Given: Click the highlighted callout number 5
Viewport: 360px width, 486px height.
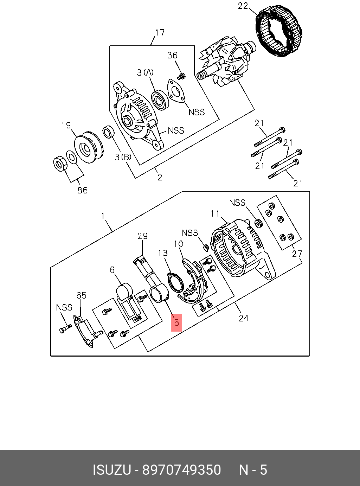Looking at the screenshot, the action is click(176, 322).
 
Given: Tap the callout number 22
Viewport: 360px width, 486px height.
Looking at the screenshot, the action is click(243, 6).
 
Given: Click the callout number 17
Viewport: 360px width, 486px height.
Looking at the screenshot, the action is click(160, 33).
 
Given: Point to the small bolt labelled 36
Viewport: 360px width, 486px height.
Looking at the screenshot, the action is click(182, 76).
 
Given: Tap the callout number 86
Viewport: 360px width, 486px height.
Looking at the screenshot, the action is click(82, 190).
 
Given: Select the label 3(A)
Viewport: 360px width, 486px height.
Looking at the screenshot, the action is click(145, 72).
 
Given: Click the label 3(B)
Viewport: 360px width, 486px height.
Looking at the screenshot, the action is click(123, 157).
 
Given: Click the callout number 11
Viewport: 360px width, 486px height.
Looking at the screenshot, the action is click(215, 213).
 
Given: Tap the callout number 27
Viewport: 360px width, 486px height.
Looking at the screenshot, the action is click(297, 254).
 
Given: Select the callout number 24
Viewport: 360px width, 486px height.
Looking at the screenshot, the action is click(243, 318).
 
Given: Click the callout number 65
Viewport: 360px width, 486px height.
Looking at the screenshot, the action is click(82, 295).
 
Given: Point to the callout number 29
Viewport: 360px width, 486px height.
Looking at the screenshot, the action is click(142, 236).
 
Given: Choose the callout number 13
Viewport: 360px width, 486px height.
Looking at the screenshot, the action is click(163, 253).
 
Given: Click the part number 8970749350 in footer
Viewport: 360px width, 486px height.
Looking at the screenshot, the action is click(181, 470).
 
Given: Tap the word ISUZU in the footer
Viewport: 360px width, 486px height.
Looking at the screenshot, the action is click(112, 470).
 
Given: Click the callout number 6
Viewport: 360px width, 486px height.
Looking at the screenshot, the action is click(112, 270).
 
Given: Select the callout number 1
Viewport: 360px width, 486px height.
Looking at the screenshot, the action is click(103, 215).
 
